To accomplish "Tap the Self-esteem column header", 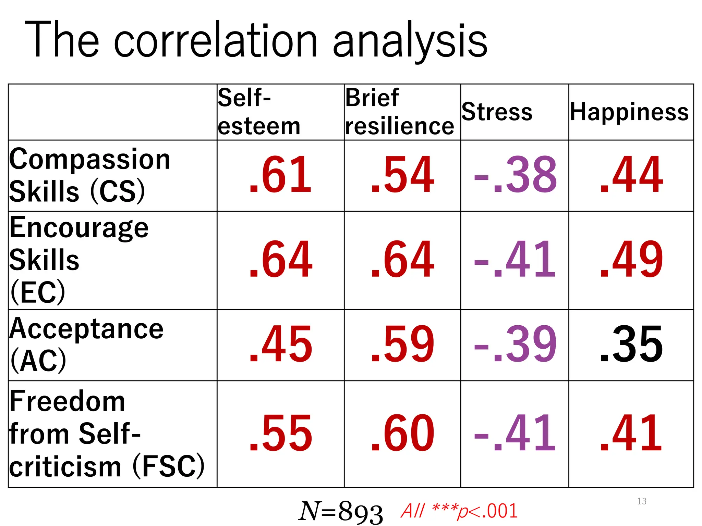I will (x=259, y=112).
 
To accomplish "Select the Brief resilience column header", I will (x=399, y=112).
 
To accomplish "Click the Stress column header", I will (x=497, y=112).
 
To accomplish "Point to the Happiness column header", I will (x=629, y=112).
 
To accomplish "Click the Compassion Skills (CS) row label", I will (x=90, y=175).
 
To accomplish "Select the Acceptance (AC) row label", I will (x=86, y=345).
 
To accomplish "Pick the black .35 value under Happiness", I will (x=631, y=345).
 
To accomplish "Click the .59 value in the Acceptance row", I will (x=402, y=345).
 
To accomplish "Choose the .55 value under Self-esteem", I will (x=280, y=434).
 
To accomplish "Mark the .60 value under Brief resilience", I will (x=402, y=434).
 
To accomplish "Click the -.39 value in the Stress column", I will (x=515, y=345).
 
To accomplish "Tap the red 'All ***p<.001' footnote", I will (x=459, y=511).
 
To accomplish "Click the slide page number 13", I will (x=642, y=501).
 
